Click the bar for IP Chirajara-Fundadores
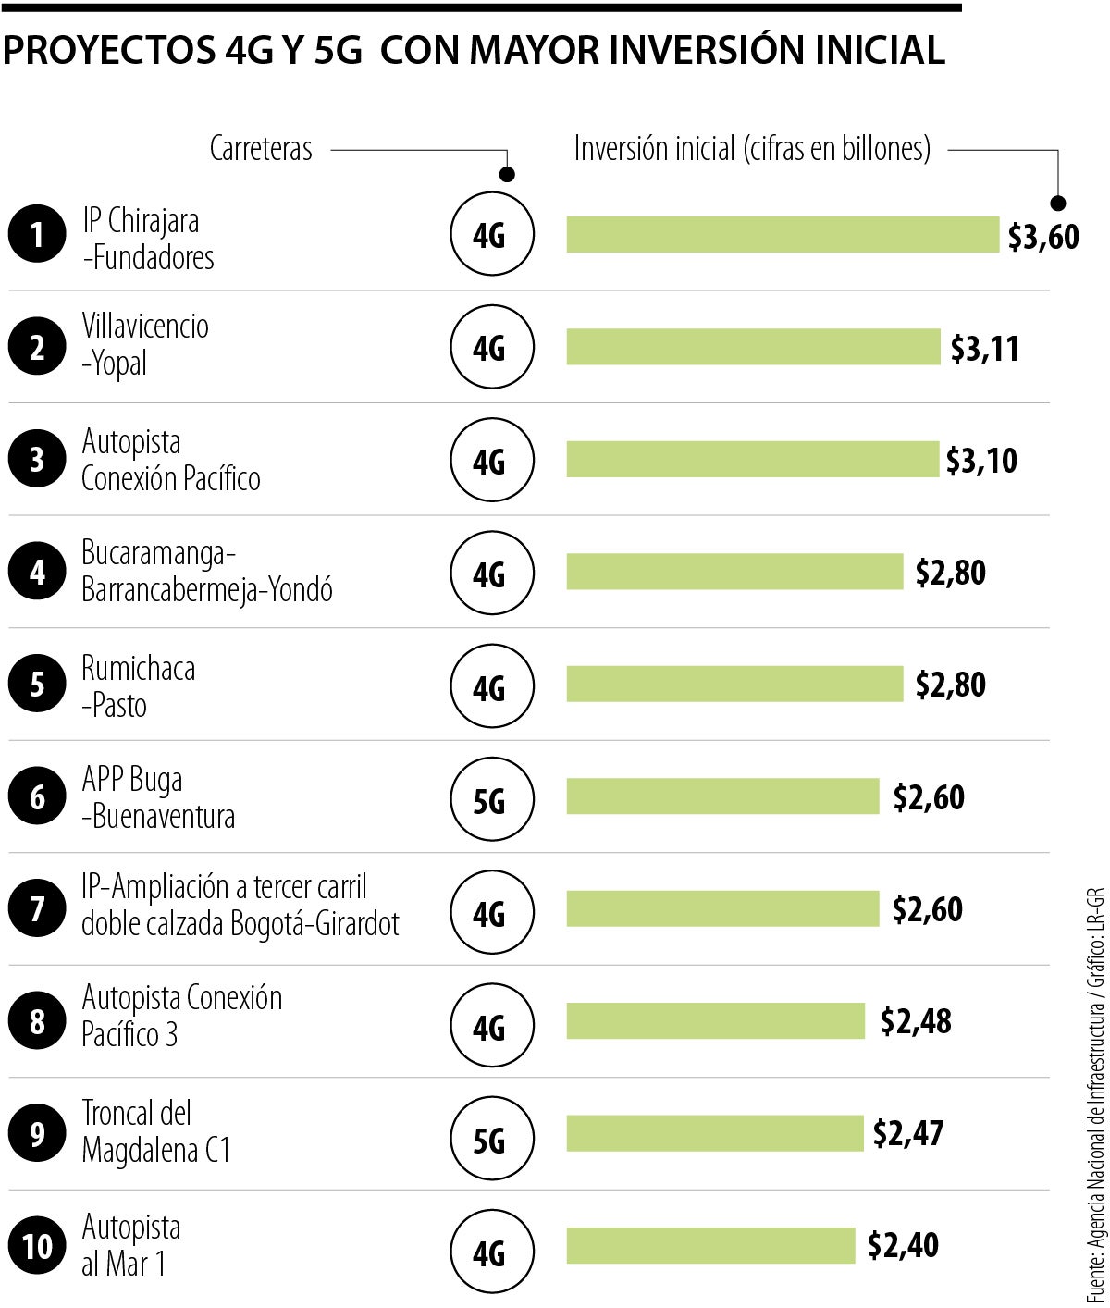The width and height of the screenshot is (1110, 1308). coord(783,235)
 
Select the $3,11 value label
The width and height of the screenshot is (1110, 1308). coord(984,349)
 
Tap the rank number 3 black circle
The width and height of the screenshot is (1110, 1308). coord(37,460)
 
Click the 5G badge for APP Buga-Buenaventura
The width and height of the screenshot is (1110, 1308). coord(491,800)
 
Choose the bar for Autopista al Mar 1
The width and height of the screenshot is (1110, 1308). coord(710,1245)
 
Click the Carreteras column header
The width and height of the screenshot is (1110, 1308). coord(261,149)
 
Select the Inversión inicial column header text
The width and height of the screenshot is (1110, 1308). coord(752,149)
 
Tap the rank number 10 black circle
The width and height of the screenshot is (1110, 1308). coord(37,1246)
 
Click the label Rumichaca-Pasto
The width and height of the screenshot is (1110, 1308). coord(138,686)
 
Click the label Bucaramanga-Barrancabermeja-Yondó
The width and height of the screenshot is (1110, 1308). coord(206,572)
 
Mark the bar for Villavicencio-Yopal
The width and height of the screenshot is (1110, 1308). coord(753,347)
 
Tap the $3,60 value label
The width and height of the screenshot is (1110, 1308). coord(1042,237)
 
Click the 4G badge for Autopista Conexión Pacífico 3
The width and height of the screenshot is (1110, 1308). coord(491,1026)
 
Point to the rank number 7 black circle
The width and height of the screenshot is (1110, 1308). coord(37,909)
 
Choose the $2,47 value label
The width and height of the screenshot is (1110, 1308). coord(908,1133)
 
